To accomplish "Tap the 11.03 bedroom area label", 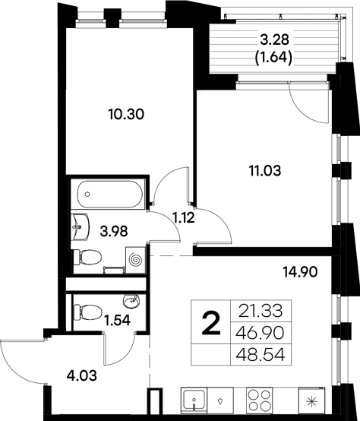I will coord(265,172).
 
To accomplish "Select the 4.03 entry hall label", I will coord(62,374).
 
